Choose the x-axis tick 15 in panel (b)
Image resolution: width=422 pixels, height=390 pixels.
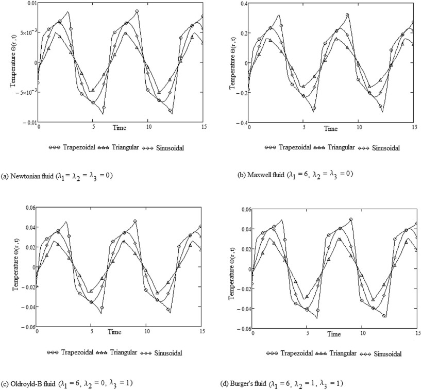[413, 127]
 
